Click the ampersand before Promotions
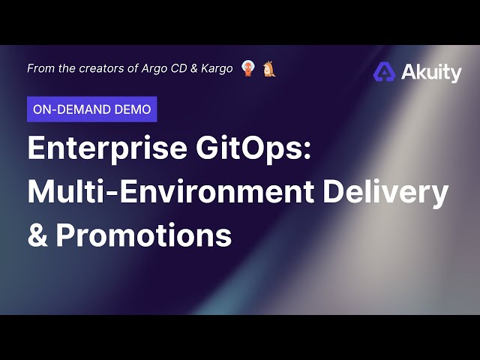tap(37, 235)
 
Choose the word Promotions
tap(144, 235)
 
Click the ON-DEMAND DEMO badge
tap(91, 109)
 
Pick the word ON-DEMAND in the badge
tap(72, 109)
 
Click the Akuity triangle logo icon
tap(385, 72)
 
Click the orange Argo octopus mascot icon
tap(248, 69)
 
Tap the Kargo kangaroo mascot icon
tap(270, 69)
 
